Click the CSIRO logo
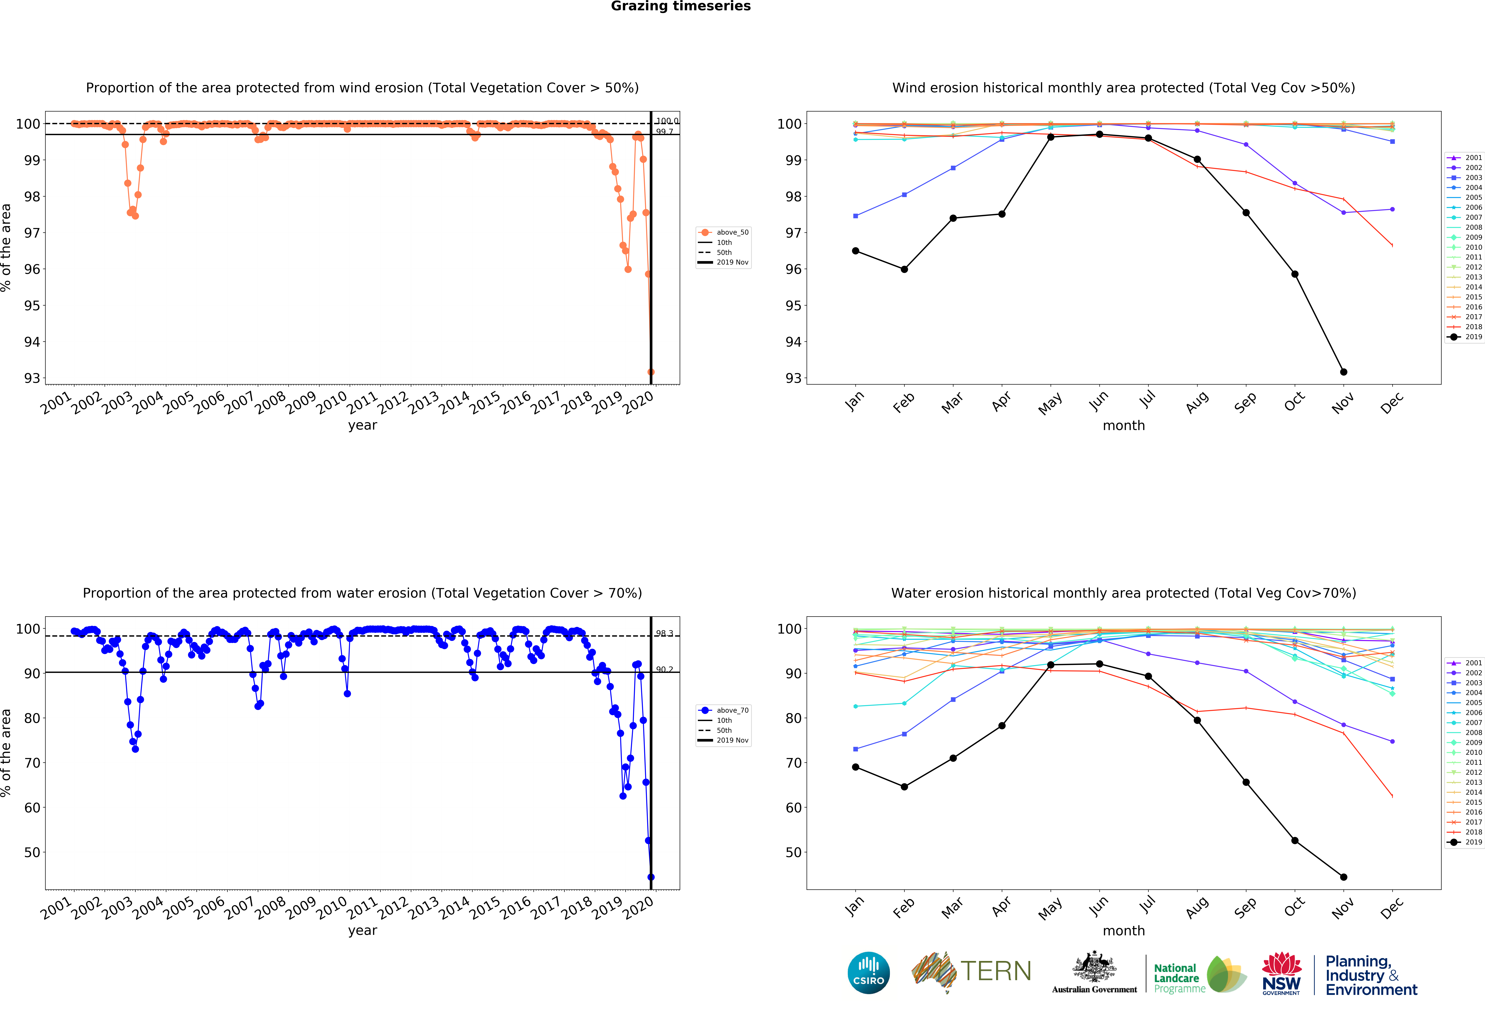[x=868, y=973]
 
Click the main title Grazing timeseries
[x=680, y=6]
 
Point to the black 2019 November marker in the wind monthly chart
[x=1344, y=372]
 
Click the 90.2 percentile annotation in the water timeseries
[x=664, y=670]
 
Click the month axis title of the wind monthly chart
[x=1123, y=425]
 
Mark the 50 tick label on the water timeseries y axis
[x=32, y=852]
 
